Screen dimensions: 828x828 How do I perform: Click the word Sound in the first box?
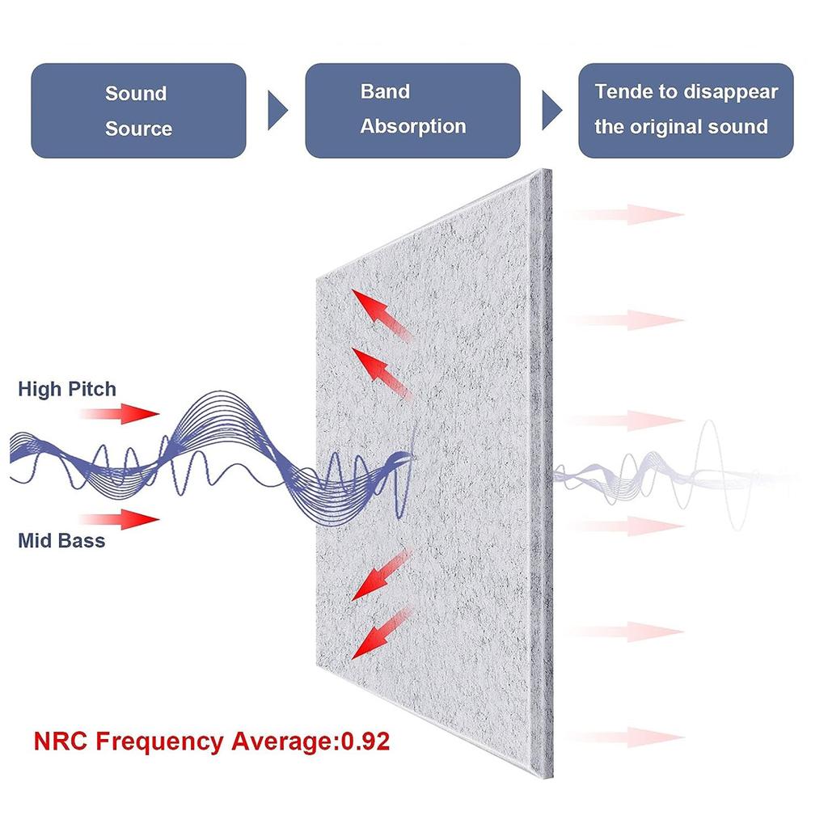pos(136,94)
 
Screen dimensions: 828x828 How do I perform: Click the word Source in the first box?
pos(138,129)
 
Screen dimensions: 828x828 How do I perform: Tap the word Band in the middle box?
pos(385,91)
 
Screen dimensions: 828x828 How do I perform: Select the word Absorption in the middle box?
pos(413,127)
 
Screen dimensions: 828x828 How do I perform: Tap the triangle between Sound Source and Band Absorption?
pos(277,111)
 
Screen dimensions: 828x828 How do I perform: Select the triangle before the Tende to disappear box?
pos(551,111)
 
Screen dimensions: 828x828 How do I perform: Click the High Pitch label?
pos(67,389)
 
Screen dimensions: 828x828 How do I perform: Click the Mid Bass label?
pos(61,540)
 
